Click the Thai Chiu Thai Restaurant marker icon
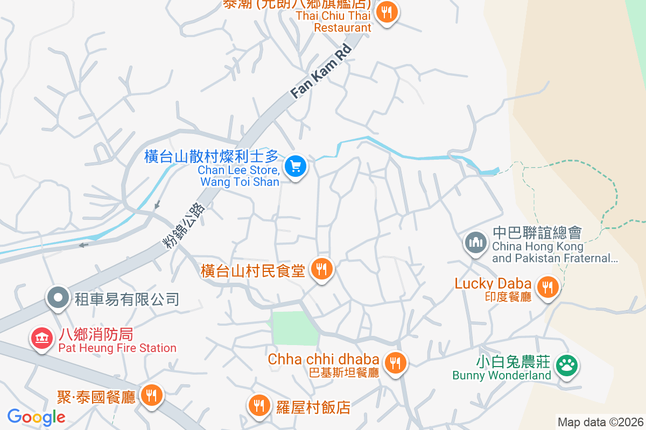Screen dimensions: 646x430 [x=386, y=11]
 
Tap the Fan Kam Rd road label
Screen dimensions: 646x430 [x=321, y=71]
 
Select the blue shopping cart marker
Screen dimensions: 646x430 [x=295, y=166]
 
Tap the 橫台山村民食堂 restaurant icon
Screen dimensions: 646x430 [x=322, y=268]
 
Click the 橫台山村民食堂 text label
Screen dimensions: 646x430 [x=252, y=270]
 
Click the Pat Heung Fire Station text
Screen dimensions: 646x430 [x=117, y=348]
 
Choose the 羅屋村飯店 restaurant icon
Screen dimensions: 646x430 [x=259, y=405]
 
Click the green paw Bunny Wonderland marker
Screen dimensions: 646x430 [x=566, y=365]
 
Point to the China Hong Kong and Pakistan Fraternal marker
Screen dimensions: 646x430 [x=475, y=241]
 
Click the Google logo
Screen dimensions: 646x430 [x=36, y=417]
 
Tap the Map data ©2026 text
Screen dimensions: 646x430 [x=600, y=422]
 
